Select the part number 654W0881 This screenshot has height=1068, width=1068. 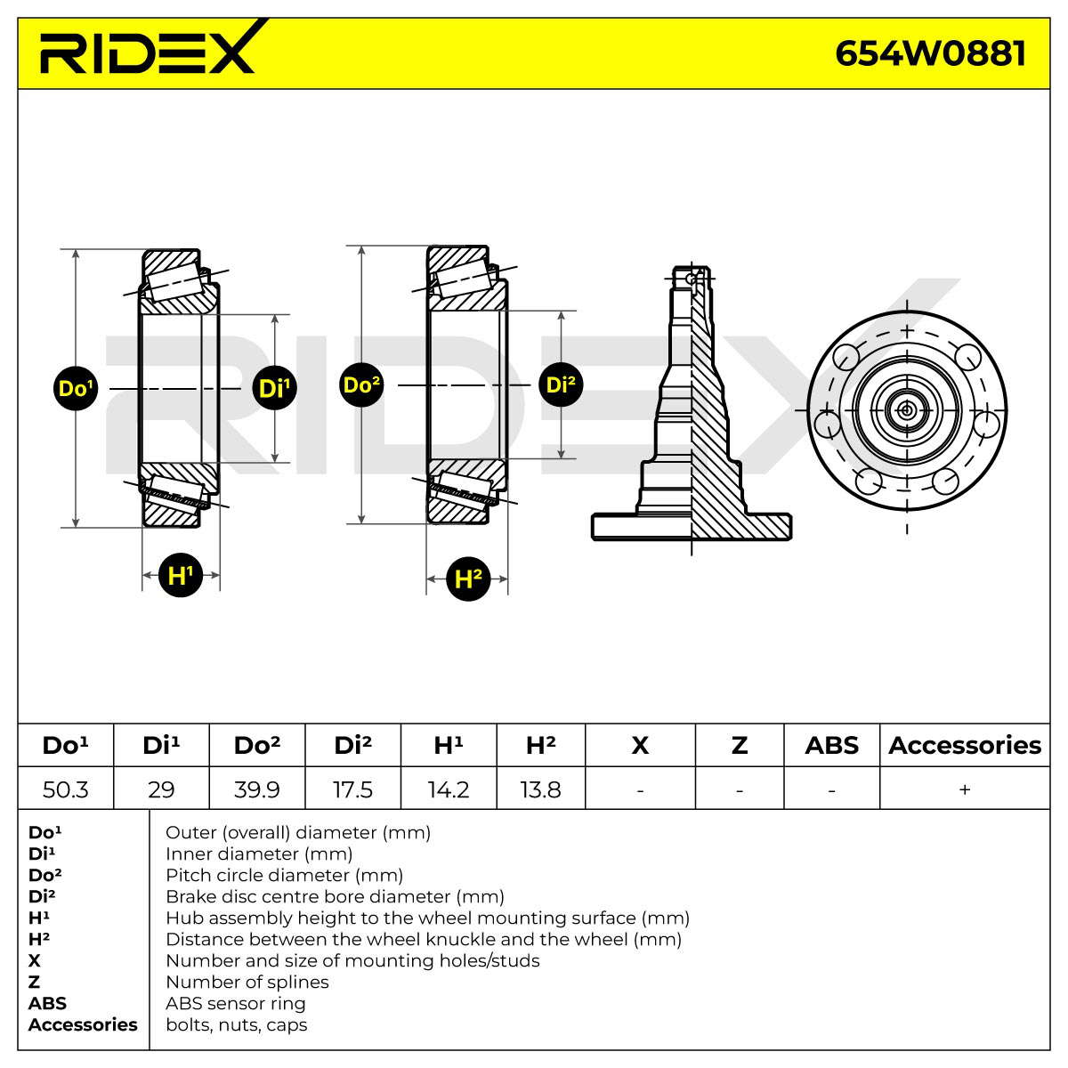coord(930,53)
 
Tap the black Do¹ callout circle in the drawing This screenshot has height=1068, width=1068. coord(76,388)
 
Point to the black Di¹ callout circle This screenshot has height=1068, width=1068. coord(274,388)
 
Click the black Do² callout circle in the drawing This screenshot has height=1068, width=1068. coord(361,384)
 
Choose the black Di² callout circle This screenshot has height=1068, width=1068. coord(561,384)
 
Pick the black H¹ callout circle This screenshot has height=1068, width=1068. coord(181,575)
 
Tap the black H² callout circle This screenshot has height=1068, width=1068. coord(468,578)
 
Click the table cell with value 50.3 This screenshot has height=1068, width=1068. coord(65,789)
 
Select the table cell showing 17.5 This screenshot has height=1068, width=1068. coord(352,789)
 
